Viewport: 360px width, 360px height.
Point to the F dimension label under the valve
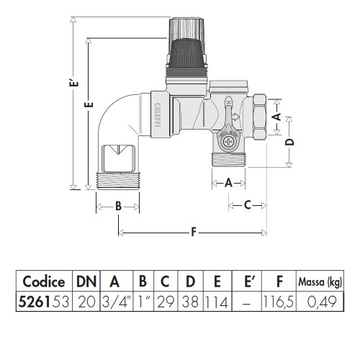193,233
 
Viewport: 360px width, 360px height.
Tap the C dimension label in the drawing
246,206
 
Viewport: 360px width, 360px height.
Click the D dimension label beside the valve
289,142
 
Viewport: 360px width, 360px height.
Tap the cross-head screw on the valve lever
230,142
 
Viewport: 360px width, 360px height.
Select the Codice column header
44,282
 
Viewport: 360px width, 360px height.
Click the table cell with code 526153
44,302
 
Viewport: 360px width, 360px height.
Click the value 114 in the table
217,302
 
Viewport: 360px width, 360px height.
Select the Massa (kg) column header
320,282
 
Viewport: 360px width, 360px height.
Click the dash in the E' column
246,302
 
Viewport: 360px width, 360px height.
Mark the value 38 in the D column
191,302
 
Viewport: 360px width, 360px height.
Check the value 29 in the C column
166,302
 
